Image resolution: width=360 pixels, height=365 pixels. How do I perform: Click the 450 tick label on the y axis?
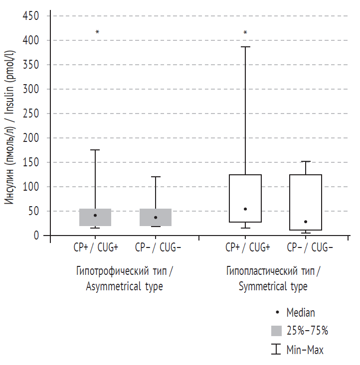31,16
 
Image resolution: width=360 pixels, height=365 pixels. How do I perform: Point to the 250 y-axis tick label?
31,114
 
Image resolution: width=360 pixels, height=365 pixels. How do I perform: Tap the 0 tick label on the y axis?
36,236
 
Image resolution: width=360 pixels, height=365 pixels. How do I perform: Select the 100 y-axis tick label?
31,187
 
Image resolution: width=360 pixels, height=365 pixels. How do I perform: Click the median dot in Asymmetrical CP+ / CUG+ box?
95,215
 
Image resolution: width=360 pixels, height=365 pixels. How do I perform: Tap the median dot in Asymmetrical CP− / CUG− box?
156,217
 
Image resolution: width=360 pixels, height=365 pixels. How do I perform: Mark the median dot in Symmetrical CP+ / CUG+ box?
245,209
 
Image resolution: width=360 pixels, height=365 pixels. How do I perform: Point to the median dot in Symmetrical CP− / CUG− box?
306,222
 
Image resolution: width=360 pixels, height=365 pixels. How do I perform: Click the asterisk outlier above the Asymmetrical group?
97,32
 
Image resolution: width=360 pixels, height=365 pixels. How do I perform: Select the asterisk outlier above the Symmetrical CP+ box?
245,33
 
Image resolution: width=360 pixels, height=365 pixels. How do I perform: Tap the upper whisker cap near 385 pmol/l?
245,47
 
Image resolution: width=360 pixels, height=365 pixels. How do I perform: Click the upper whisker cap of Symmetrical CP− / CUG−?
306,161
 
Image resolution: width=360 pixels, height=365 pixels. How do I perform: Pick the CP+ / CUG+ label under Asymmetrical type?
95,247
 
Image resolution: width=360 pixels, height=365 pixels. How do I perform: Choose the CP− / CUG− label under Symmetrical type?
306,247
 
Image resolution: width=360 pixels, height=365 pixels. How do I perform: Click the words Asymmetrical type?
124,287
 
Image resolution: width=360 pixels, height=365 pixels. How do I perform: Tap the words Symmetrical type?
273,287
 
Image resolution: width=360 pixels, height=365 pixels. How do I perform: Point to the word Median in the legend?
301,313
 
